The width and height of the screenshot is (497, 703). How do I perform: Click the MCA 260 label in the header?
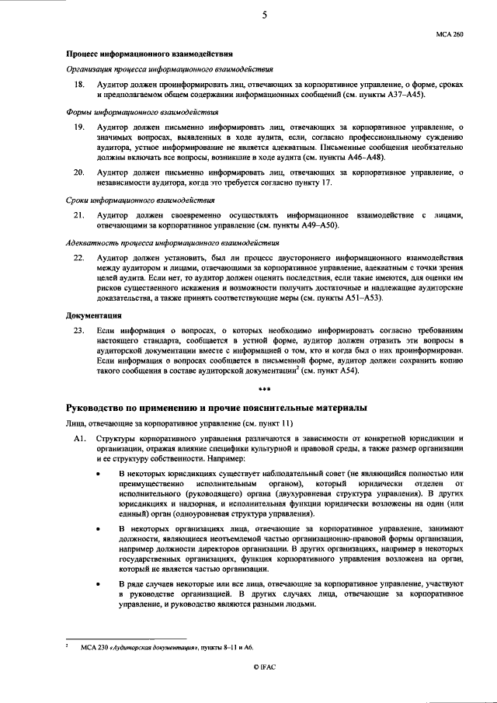click(x=450, y=35)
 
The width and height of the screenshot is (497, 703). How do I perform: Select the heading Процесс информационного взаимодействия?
click(x=148, y=54)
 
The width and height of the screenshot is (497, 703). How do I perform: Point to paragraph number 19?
click(x=78, y=126)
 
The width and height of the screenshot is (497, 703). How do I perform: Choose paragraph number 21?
click(x=78, y=214)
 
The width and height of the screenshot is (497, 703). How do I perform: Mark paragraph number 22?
click(x=78, y=257)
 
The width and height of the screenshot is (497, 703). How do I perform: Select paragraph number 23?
click(x=78, y=330)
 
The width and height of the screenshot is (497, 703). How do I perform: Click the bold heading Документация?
click(x=92, y=315)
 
